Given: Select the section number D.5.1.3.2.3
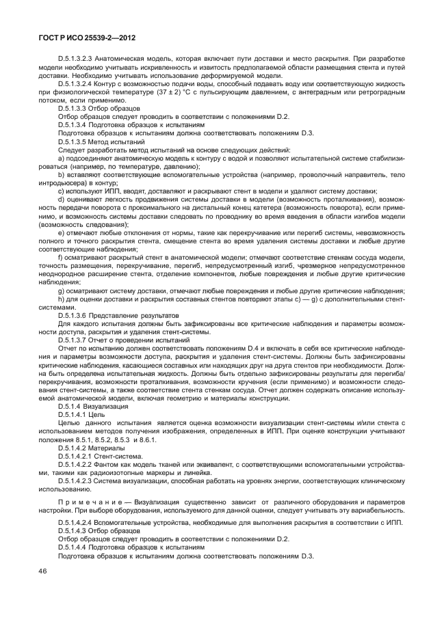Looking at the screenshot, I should pos(79,59).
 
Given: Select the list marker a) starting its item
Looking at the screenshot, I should pos(61,157).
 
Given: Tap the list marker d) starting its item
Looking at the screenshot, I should pos(61,198).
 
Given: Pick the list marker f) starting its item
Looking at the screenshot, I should pos(61,257).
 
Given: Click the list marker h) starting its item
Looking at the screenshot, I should pos(61,299).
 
